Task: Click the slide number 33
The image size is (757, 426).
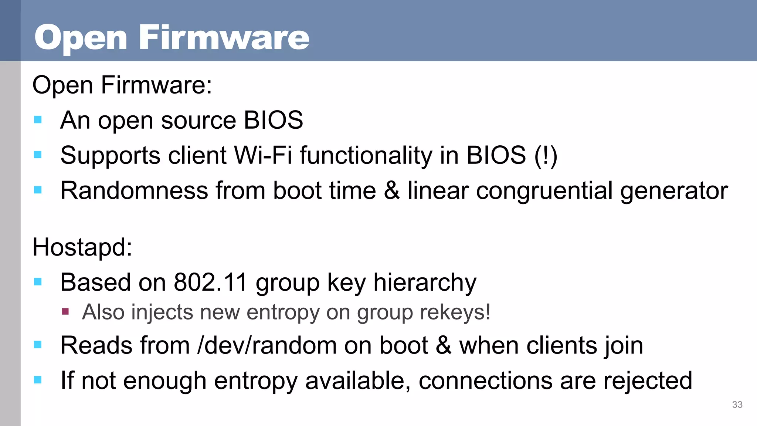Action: pyautogui.click(x=737, y=405)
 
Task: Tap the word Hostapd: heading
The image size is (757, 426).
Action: pyautogui.click(x=82, y=247)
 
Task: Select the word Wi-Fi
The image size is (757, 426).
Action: pyautogui.click(x=263, y=155)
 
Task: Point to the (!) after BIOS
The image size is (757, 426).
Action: pyautogui.click(x=546, y=155)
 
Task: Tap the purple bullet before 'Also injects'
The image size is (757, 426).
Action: pyautogui.click(x=66, y=311)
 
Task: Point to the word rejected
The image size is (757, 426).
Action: pyautogui.click(x=648, y=381)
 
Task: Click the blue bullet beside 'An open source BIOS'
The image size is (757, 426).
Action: pyautogui.click(x=38, y=120)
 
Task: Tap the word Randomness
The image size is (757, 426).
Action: pyautogui.click(x=134, y=191)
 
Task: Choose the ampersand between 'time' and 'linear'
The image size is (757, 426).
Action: pyautogui.click(x=392, y=191)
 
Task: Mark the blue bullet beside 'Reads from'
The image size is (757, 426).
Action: pyautogui.click(x=38, y=345)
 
